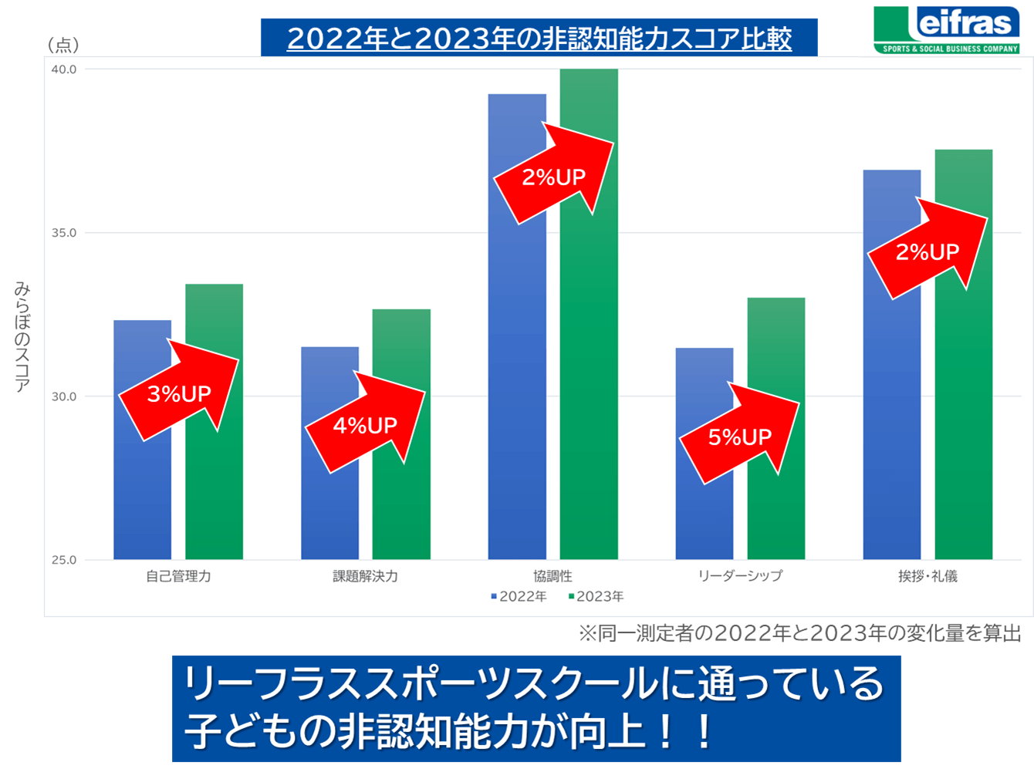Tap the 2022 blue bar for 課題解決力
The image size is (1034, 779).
pos(329,509)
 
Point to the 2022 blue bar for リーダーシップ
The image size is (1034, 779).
pos(704,517)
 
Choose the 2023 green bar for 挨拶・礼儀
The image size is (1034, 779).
pos(963,386)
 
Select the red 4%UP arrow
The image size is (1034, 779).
pos(365,423)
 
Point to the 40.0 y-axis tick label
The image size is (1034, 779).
pos(64,69)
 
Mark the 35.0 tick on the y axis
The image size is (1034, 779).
pos(64,233)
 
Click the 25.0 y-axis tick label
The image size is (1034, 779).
pos(64,560)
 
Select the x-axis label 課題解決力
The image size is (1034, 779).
pos(365,576)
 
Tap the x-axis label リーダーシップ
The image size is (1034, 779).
pos(739,576)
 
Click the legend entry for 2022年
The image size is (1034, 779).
pos(519,596)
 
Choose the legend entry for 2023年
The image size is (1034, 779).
pos(596,596)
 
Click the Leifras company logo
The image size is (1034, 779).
pos(947,29)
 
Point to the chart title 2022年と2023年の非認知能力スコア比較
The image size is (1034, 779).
pos(539,38)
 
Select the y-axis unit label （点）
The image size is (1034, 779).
pos(63,46)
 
